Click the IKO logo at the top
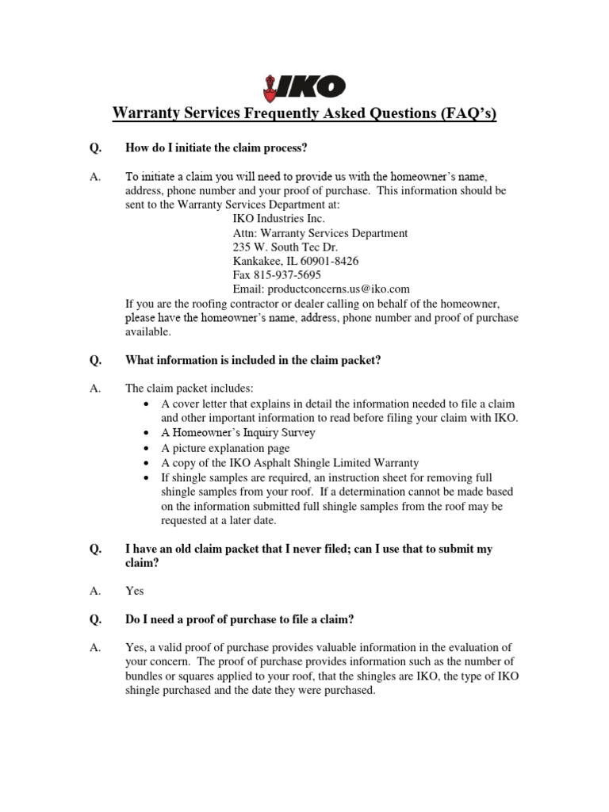point(304,86)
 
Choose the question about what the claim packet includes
point(253,360)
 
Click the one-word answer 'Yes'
point(135,591)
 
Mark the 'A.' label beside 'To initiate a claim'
point(96,177)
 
